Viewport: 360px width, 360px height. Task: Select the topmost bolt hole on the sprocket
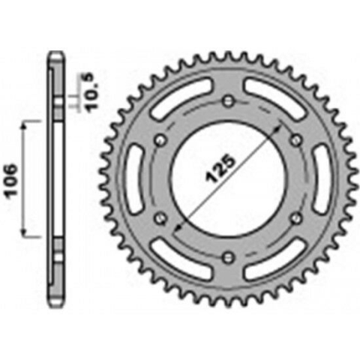[x=228, y=102]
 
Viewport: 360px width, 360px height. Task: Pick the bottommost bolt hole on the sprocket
[x=228, y=257]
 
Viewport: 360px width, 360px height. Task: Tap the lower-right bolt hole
[x=295, y=218]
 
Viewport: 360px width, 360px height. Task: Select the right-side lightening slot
[x=319, y=179]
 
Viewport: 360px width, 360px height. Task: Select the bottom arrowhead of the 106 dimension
[x=28, y=234]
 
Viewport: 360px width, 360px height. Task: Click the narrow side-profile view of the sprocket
[x=55, y=180]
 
